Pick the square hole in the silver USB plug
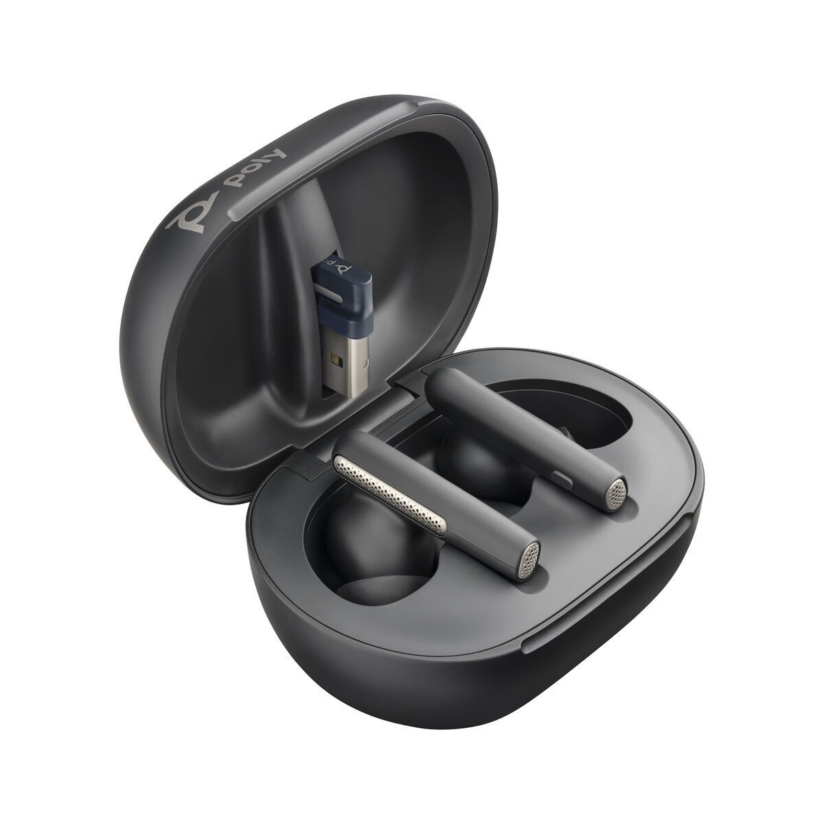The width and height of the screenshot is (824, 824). coord(334,358)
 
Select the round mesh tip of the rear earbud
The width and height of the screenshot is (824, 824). coord(617,492)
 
